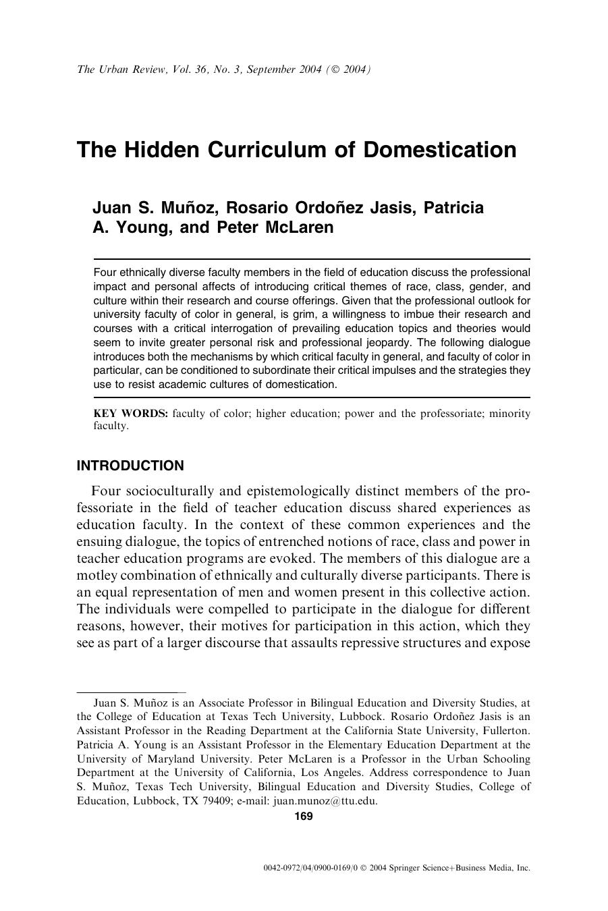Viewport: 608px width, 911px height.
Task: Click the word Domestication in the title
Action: pyautogui.click(x=440, y=149)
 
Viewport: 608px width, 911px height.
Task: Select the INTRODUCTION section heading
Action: pyautogui.click(x=130, y=466)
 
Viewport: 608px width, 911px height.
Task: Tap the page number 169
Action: pyautogui.click(x=304, y=817)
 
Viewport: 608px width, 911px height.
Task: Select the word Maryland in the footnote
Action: pyautogui.click(x=145, y=758)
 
